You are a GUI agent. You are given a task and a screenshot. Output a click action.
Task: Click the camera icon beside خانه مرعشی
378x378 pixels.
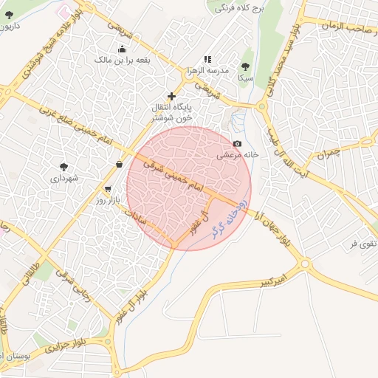click(x=237, y=143)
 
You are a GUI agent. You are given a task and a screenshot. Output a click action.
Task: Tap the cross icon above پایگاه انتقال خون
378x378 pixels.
click(x=172, y=96)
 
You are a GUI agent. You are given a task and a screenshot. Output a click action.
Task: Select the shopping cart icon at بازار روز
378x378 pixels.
click(x=109, y=189)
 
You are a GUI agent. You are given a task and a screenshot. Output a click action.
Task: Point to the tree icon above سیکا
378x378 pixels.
click(x=245, y=66)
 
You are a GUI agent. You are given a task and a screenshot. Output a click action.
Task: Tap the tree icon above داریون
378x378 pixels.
click(x=9, y=14)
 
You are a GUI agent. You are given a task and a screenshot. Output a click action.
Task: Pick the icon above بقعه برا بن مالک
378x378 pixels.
click(x=122, y=49)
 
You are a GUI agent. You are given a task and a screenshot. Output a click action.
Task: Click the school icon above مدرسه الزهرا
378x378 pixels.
click(x=207, y=59)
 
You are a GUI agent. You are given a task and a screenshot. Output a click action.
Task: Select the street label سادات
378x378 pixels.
click(x=137, y=216)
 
